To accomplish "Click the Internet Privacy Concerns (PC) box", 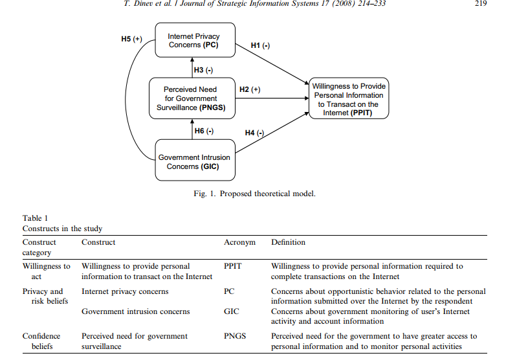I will [194, 41].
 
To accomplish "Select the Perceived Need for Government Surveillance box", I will [190, 98].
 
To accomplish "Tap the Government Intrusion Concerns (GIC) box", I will [194, 161].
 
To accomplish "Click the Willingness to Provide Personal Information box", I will [349, 99].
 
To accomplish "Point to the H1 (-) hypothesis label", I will [261, 45].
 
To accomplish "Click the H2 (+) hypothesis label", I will [250, 89].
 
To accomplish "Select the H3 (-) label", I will [204, 69].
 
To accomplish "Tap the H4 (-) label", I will [255, 133].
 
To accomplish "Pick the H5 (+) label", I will [132, 39].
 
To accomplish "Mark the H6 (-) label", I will [204, 131].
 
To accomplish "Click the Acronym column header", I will [239, 242].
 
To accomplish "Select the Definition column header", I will [288, 242].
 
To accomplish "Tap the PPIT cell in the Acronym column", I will [234, 266].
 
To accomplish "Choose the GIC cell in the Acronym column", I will [231, 311].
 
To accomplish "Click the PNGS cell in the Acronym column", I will [236, 336].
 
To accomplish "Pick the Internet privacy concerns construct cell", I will [125, 291].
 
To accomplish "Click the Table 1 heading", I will [36, 218].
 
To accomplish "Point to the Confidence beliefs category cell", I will [41, 341].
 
